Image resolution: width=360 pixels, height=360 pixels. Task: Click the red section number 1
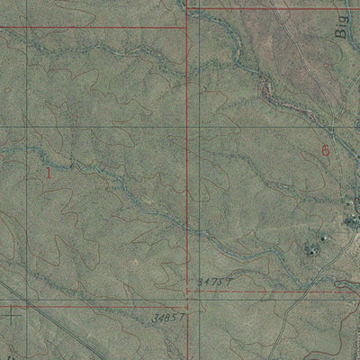tap(48, 172)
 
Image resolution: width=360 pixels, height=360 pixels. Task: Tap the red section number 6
tap(325, 151)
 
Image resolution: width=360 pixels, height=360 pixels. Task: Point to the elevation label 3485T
tap(169, 317)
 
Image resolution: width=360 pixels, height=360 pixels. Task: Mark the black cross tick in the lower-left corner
tap(11, 315)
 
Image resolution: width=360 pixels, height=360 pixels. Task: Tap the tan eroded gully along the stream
tap(270, 88)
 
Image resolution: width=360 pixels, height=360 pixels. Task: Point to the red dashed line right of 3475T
tap(288, 291)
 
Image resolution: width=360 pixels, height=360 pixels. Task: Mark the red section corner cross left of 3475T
tap(187, 292)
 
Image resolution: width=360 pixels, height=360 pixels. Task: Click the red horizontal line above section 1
tap(90, 27)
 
